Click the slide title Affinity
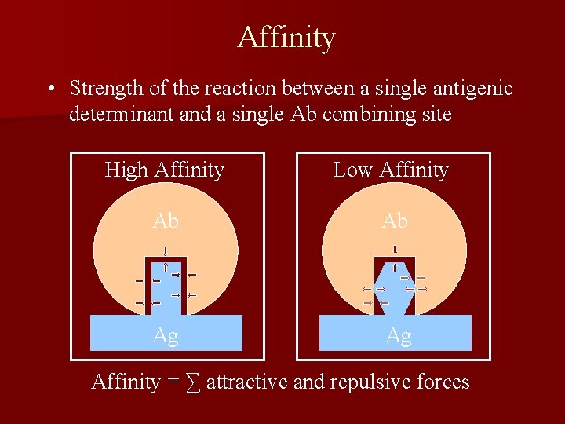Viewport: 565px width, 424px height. pyautogui.click(x=286, y=37)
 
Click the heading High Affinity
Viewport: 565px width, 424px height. pyautogui.click(x=165, y=170)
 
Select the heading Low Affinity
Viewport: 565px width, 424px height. pyautogui.click(x=391, y=170)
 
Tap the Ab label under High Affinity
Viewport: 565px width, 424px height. pyautogui.click(x=166, y=221)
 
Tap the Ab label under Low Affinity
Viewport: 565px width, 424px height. pyautogui.click(x=395, y=221)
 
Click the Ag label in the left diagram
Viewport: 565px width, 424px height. pyautogui.click(x=166, y=336)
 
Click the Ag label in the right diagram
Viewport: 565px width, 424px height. pyautogui.click(x=399, y=336)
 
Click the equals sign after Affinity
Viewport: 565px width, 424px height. pyautogui.click(x=173, y=382)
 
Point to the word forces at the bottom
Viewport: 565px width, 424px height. pyautogui.click(x=443, y=382)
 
